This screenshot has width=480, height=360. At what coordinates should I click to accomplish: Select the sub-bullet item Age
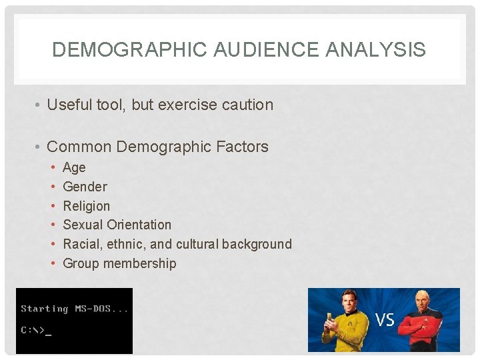[74, 168]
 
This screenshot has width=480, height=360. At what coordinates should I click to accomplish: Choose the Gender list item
[85, 187]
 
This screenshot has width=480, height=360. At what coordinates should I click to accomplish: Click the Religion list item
[86, 206]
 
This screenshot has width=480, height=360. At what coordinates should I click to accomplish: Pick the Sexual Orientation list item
[117, 225]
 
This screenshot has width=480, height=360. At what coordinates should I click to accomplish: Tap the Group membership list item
[119, 263]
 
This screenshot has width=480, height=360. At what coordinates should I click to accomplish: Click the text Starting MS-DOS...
[74, 309]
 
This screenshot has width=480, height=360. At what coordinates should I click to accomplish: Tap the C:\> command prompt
[33, 330]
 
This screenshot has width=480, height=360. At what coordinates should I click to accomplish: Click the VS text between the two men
[385, 321]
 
